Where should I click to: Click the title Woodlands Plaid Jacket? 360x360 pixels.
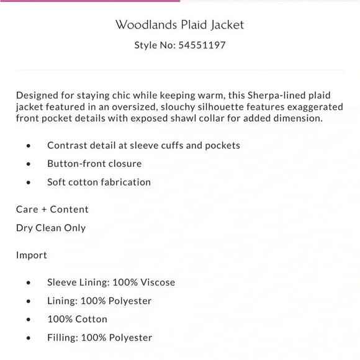pyautogui.click(x=180, y=25)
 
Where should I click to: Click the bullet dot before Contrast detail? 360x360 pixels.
pyautogui.click(x=29, y=146)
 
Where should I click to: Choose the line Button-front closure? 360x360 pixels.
pyautogui.click(x=94, y=164)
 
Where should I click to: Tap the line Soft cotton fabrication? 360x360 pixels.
pyautogui.click(x=99, y=182)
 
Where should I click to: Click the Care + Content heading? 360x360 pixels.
pyautogui.click(x=52, y=209)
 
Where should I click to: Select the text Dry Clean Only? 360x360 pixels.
pyautogui.click(x=51, y=228)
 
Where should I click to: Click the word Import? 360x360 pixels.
pyautogui.click(x=32, y=255)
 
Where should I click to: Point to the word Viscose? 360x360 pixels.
pyautogui.click(x=156, y=282)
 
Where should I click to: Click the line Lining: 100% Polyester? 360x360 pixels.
pyautogui.click(x=99, y=301)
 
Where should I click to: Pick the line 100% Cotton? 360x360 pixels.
pyautogui.click(x=77, y=319)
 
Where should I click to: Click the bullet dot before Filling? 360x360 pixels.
pyautogui.click(x=29, y=338)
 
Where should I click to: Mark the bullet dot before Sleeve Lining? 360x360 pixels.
pyautogui.click(x=29, y=283)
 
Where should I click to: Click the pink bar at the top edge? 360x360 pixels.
pyautogui.click(x=90, y=1)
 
